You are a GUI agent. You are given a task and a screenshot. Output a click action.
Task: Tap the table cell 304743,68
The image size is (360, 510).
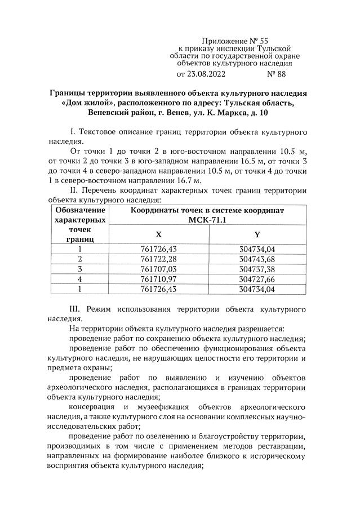pyautogui.click(x=257, y=259)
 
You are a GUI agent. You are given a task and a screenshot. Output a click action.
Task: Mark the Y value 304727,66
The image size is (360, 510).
pyautogui.click(x=257, y=279)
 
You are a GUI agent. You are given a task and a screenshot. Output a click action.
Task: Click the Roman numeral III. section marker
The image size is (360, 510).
pyautogui.click(x=76, y=309)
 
